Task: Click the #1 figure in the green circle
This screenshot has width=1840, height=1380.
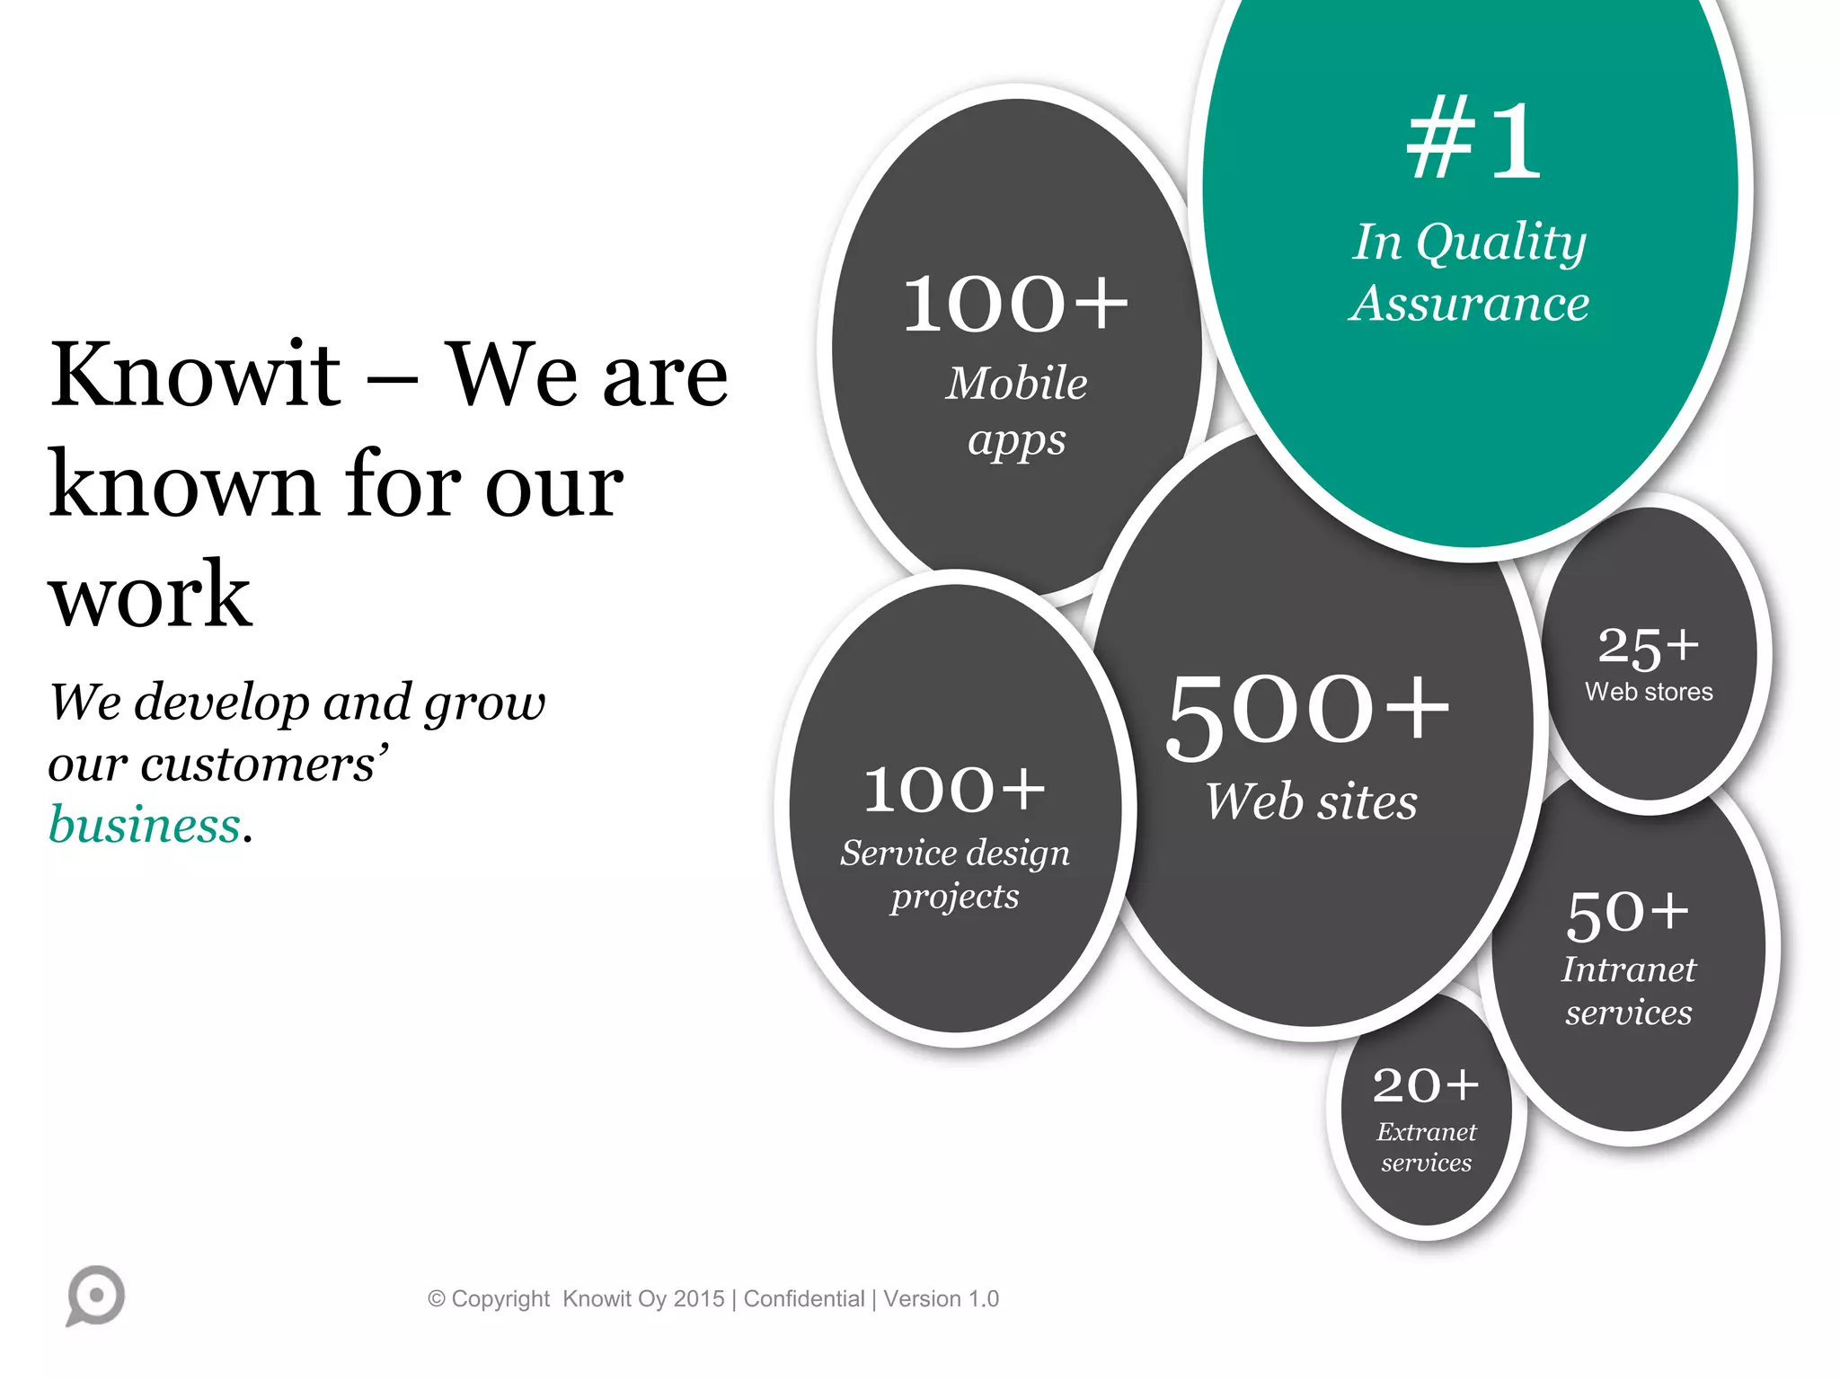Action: (1473, 140)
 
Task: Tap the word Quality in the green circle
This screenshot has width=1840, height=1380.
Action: (1502, 243)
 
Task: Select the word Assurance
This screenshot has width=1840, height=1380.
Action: (1470, 304)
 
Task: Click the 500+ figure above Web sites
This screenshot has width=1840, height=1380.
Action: (1308, 713)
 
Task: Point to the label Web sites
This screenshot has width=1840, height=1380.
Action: (1311, 801)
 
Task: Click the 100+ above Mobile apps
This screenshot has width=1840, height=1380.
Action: (1015, 305)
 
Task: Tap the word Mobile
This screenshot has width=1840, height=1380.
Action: (1016, 384)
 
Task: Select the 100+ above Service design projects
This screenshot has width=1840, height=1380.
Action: (954, 790)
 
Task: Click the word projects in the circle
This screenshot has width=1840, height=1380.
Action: (955, 897)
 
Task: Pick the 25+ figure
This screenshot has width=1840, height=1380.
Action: (1649, 647)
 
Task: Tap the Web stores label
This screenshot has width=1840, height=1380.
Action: (1649, 692)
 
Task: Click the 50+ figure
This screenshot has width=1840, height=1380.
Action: (1628, 914)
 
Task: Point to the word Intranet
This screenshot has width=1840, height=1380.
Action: (1628, 969)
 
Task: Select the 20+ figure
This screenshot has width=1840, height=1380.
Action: (1426, 1085)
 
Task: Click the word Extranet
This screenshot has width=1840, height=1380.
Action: (1426, 1132)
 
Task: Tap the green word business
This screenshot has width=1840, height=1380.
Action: (145, 825)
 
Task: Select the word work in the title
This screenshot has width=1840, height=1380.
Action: (150, 594)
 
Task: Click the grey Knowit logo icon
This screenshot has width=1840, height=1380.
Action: (95, 1296)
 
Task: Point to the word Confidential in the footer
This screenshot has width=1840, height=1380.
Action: (803, 1299)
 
